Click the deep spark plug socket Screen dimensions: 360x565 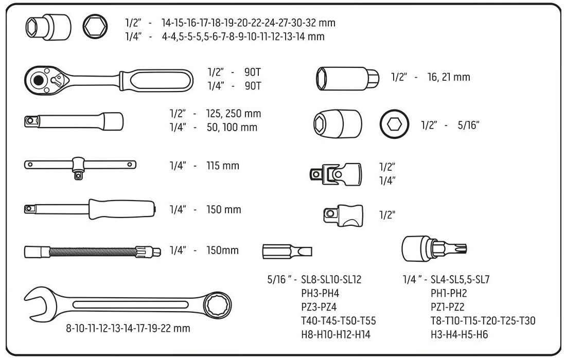(x=347, y=78)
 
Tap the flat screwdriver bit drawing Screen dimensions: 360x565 (x=288, y=251)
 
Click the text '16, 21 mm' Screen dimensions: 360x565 (x=448, y=77)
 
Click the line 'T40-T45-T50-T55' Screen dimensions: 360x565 (x=338, y=321)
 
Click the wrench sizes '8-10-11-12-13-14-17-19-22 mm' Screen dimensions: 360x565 (x=128, y=328)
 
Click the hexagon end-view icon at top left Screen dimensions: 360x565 (x=95, y=26)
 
